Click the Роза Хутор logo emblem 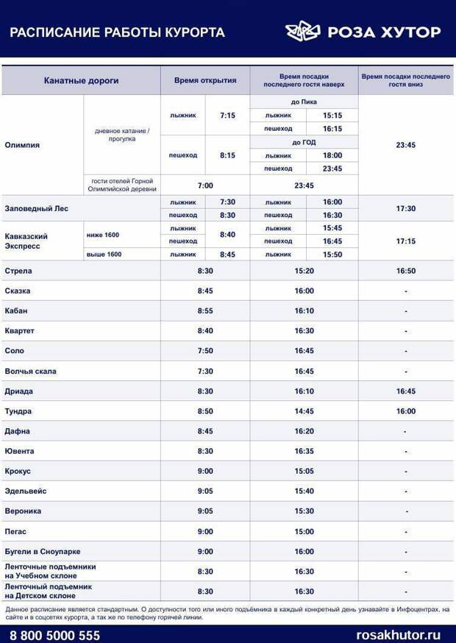303,32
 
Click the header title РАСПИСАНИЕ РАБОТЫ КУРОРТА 117,32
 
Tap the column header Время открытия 205,80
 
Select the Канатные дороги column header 81,80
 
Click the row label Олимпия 22,145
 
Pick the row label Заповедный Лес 36,208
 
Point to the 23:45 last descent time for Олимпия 405,145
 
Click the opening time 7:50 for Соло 205,351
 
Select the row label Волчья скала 30,371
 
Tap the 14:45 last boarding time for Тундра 304,411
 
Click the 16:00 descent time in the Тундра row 405,411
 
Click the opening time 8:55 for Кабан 205,310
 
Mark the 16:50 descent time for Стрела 405,271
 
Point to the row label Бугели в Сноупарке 43,551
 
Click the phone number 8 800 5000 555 54,635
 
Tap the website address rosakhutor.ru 398,635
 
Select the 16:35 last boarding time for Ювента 304,451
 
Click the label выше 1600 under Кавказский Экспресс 104,255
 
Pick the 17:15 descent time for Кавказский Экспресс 405,241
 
